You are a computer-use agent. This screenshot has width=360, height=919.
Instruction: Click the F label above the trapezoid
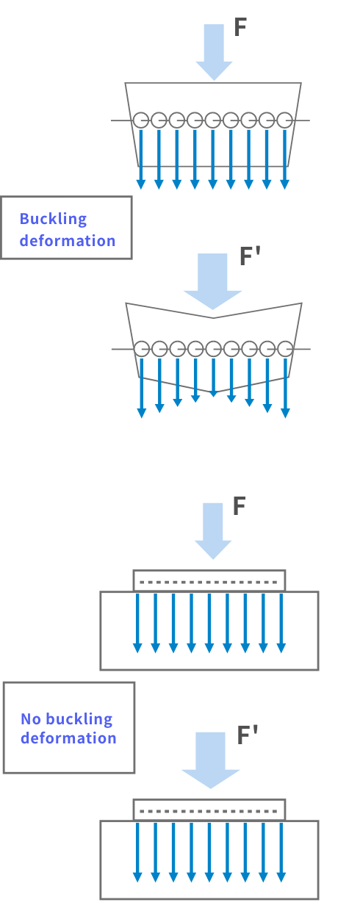[x=240, y=27]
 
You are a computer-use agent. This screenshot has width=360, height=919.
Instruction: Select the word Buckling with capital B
[x=54, y=219]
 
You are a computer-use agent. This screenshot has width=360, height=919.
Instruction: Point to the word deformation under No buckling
[x=68, y=738]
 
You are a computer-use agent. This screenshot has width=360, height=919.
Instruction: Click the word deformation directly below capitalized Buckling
[x=68, y=240]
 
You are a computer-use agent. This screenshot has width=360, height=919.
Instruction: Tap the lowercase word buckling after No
[x=79, y=719]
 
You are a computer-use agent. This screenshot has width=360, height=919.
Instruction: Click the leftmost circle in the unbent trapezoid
[x=141, y=120]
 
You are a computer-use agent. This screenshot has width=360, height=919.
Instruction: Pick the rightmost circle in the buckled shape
[x=285, y=349]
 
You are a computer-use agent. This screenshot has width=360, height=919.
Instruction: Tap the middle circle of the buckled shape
[x=214, y=349]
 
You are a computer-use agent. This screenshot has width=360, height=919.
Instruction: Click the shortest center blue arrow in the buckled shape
[x=214, y=378]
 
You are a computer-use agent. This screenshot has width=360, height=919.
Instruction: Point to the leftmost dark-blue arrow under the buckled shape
[x=142, y=388]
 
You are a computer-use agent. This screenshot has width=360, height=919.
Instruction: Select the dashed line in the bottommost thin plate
[x=209, y=811]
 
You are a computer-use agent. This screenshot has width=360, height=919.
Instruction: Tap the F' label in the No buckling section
[x=248, y=735]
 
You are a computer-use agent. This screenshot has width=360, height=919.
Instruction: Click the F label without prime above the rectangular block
[x=239, y=506]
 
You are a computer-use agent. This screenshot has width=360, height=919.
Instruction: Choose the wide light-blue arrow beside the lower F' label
[x=211, y=760]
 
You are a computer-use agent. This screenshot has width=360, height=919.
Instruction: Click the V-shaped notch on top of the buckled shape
[x=214, y=318]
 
